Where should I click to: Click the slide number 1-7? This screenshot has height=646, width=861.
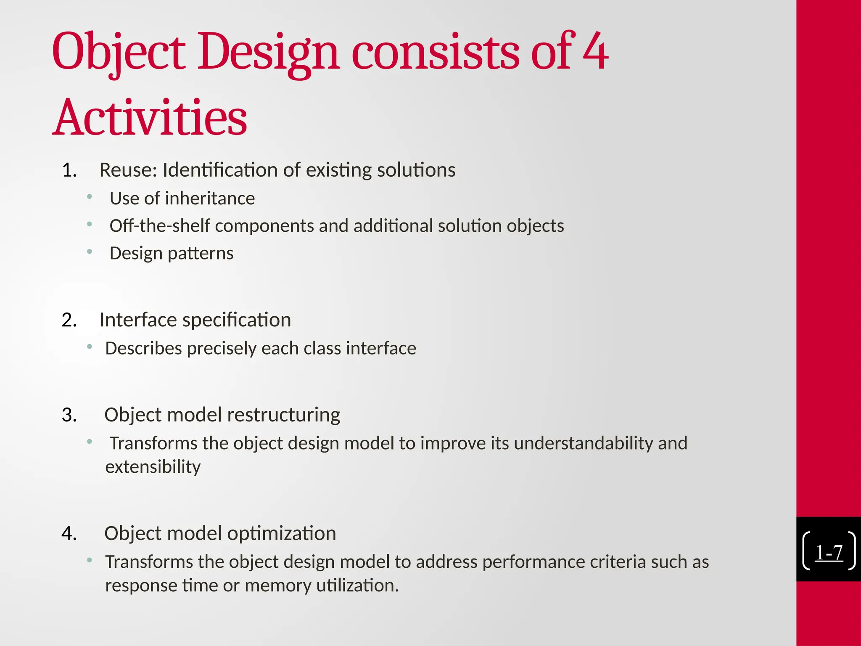(829, 552)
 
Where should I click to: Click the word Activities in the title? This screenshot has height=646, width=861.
(150, 118)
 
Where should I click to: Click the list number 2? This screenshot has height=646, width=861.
(69, 320)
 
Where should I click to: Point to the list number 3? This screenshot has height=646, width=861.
(69, 415)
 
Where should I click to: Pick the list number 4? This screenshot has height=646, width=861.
(69, 534)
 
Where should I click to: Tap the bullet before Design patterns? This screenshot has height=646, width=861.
(89, 252)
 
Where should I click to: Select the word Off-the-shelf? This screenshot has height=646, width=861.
(159, 226)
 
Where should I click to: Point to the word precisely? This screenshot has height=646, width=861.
(221, 349)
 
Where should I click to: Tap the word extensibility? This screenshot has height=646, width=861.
(153, 467)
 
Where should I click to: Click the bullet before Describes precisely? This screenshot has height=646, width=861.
(89, 347)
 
